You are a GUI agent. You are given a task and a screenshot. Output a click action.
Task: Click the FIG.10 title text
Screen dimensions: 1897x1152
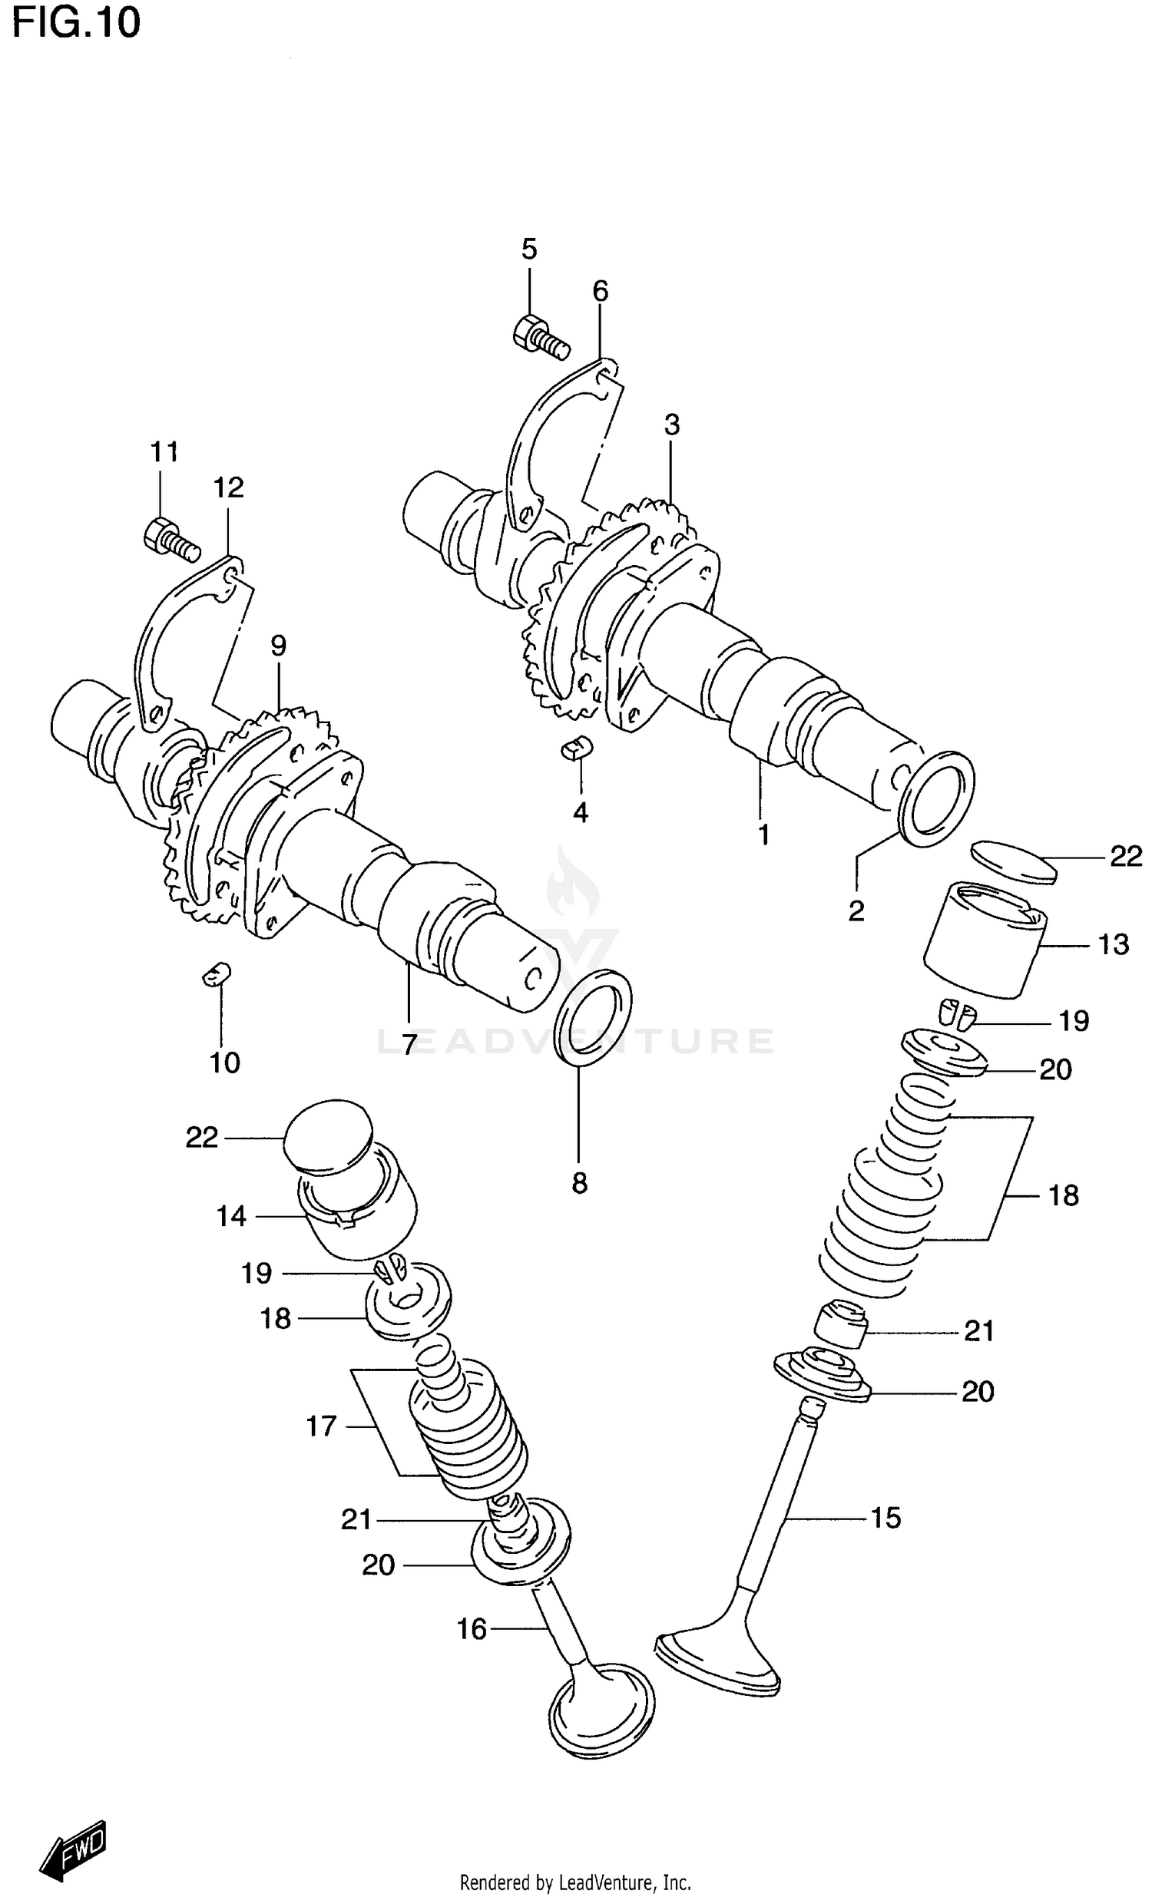click(75, 23)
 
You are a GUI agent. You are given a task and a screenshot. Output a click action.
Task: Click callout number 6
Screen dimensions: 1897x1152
click(600, 291)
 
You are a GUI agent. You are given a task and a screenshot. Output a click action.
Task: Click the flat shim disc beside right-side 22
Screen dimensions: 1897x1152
click(1014, 861)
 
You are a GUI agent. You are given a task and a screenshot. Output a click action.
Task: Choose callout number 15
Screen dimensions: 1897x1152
click(886, 1518)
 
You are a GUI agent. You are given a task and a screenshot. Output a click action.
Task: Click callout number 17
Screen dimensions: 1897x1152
click(321, 1426)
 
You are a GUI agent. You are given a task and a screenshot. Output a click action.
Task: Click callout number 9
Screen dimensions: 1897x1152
click(278, 645)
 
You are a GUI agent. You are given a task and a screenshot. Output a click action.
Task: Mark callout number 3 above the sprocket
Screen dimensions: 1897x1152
click(671, 425)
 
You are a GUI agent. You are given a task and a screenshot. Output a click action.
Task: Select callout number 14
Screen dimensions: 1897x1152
click(231, 1216)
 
